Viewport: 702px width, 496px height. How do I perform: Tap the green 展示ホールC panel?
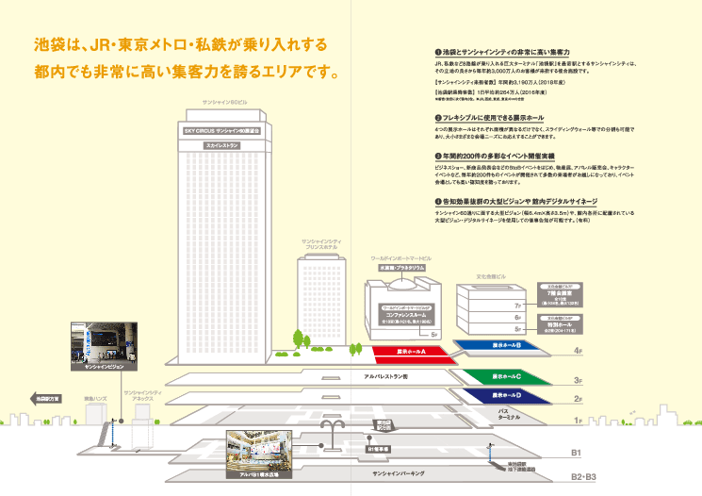pyautogui.click(x=506, y=376)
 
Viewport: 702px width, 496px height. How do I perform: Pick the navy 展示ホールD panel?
pyautogui.click(x=506, y=397)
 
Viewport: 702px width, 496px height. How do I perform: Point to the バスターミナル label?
pyautogui.click(x=510, y=414)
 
